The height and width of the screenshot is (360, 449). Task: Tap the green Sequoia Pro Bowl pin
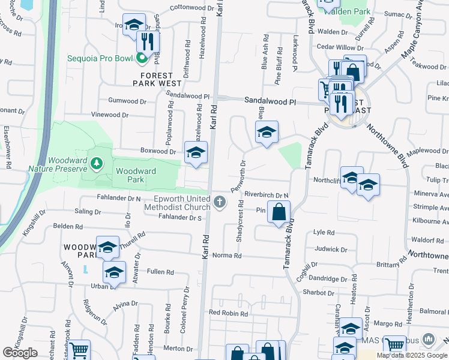pos(142,58)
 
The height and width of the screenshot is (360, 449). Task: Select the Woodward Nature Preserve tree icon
pos(96,163)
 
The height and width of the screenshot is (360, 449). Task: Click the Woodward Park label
pos(136,175)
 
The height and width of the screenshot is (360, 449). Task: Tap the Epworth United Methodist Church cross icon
pos(220,202)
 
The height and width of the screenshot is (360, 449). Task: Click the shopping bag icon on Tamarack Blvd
pos(279,212)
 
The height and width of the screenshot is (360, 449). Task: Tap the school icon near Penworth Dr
pos(267,133)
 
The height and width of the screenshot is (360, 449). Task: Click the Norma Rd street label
pos(229,256)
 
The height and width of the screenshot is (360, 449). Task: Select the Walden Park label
pos(354,12)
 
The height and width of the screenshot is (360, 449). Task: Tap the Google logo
pos(20,353)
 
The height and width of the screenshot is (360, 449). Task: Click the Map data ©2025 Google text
pos(412,355)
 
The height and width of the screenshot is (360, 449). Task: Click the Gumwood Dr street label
pos(127,101)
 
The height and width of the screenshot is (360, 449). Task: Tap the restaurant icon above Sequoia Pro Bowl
pos(147,41)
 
